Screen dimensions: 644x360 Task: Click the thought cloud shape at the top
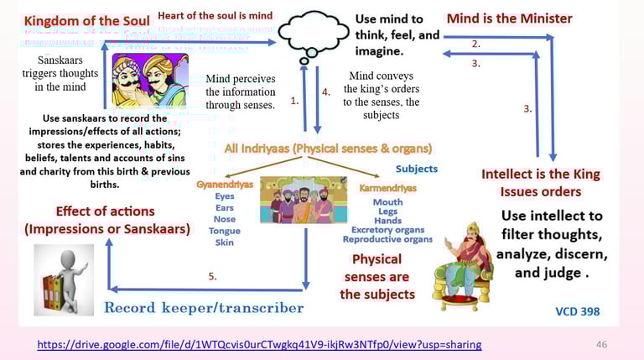[312, 33]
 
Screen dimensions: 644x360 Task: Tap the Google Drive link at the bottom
[260, 345]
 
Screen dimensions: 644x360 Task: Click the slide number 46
[600, 345]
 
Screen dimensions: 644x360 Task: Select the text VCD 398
[577, 311]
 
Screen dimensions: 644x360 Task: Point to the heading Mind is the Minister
[509, 18]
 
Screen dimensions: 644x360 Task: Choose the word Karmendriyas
[387, 188]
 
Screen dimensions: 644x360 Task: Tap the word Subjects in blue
[417, 169]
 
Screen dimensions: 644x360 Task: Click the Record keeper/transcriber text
[203, 308]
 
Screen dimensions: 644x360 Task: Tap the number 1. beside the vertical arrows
[294, 100]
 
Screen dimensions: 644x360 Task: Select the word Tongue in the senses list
[224, 231]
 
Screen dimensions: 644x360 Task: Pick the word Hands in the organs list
[387, 221]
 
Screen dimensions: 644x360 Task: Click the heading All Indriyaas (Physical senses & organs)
[328, 149]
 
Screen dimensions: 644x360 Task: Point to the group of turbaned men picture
[304, 199]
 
